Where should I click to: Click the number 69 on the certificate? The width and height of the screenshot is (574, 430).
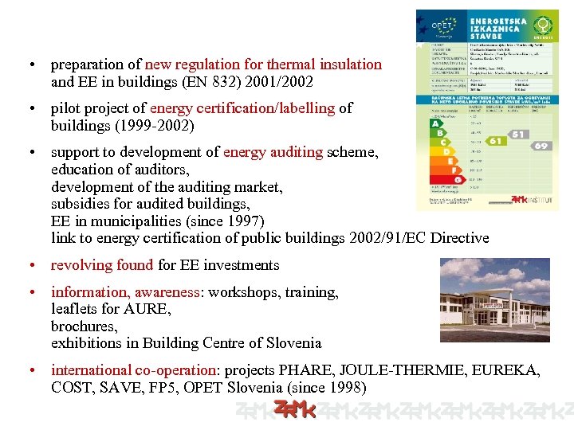coord(541,146)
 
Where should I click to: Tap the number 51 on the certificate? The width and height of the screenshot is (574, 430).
coord(519,135)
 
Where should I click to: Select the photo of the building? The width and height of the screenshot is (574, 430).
coord(494,299)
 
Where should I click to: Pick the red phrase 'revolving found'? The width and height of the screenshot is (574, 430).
coord(103,265)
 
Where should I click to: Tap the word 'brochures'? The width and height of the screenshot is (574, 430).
coord(84,326)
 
